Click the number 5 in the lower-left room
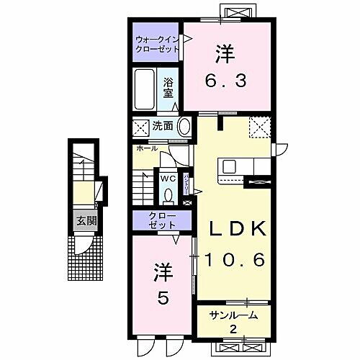coord(163,297)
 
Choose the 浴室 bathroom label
coord(168,87)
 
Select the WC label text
coord(168,178)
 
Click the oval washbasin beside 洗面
coord(184,127)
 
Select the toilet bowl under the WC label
coord(168,194)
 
